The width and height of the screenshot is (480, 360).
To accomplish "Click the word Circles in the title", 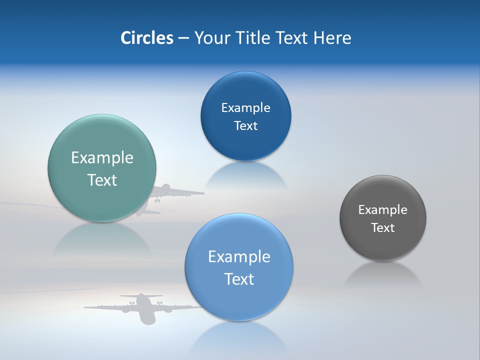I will (147, 38).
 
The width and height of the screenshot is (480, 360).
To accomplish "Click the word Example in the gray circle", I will (382, 210).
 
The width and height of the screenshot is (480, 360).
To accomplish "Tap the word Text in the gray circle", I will (383, 228).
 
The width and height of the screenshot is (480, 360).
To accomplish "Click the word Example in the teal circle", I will (102, 158).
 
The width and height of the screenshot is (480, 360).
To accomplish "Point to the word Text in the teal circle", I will (102, 180).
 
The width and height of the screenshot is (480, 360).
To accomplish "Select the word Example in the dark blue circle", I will (245, 108).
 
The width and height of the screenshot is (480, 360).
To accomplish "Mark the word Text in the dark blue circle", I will (245, 126).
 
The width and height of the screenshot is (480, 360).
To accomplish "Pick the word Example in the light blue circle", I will (239, 257).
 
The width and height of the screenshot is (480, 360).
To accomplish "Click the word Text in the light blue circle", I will (239, 279).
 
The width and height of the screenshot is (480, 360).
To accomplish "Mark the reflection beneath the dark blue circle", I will (246, 175).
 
